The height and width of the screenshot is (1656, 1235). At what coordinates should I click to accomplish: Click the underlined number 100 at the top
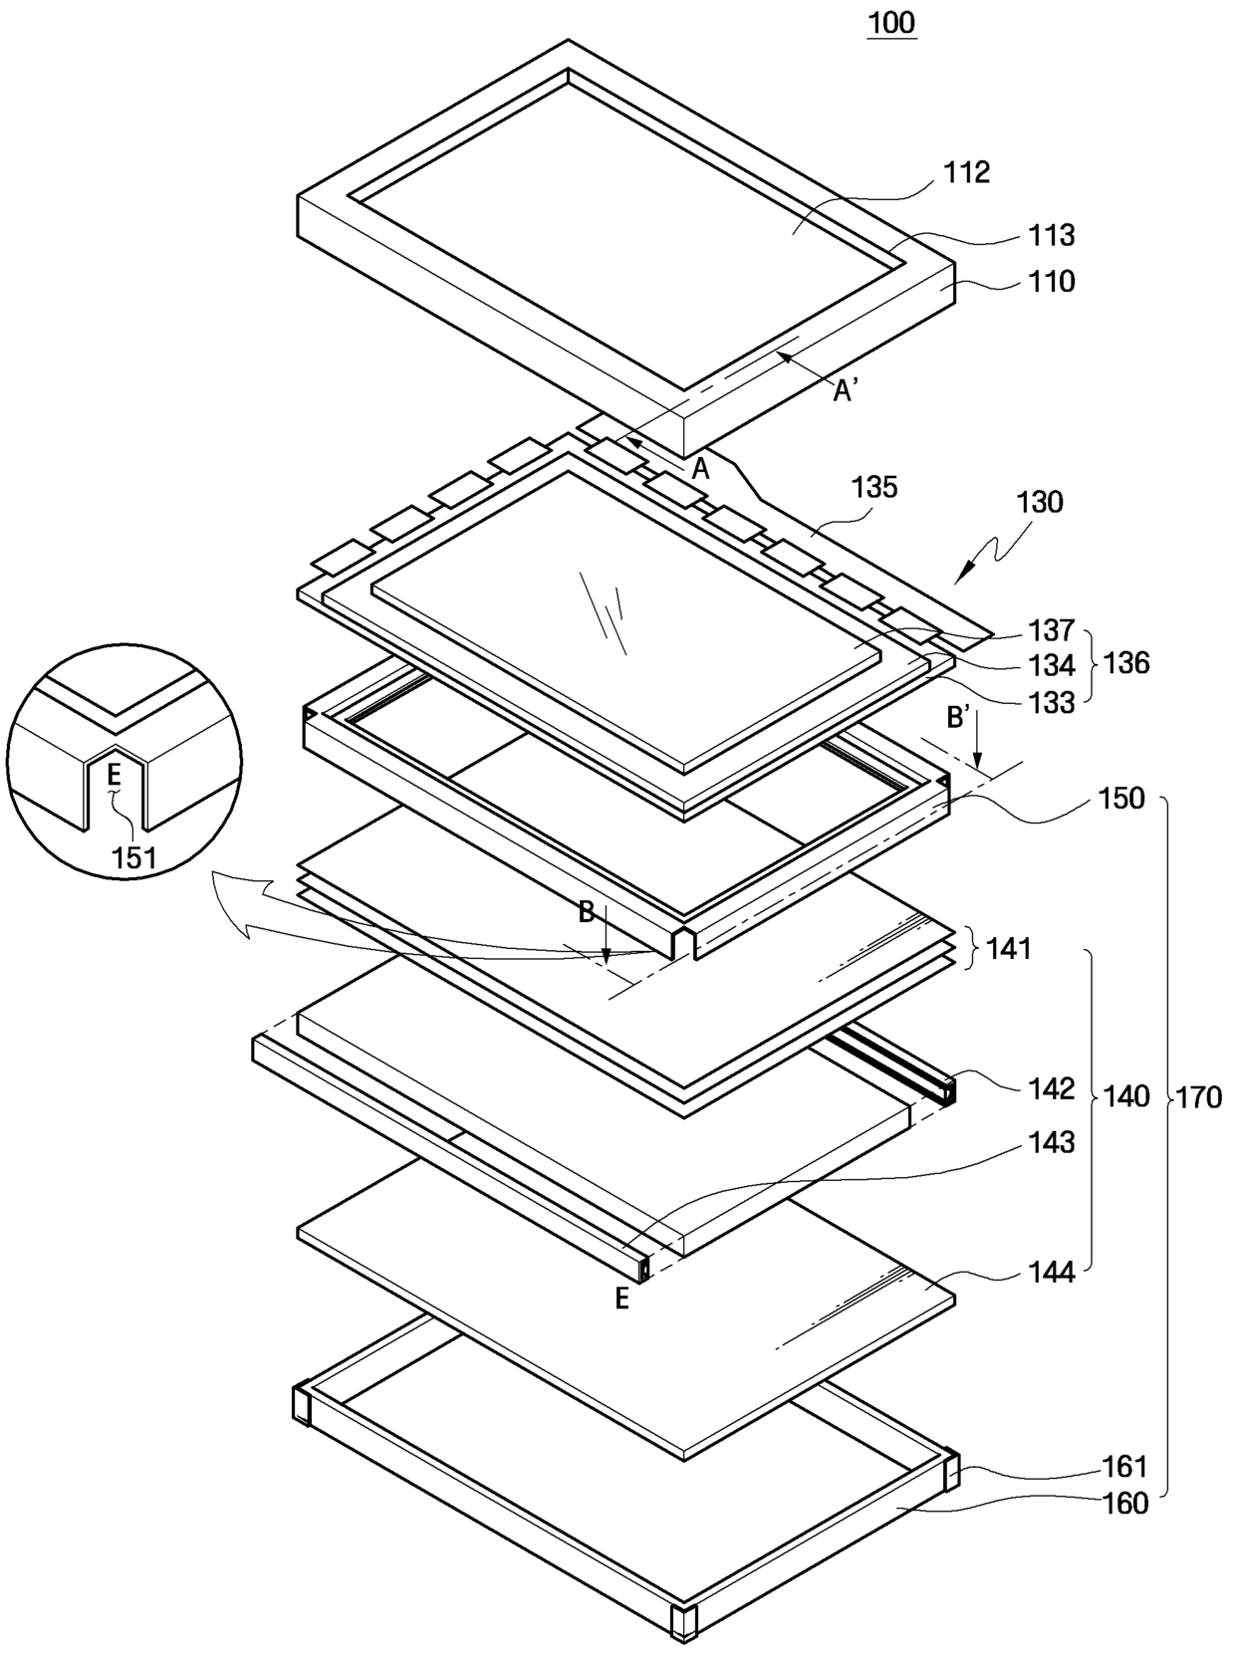pyautogui.click(x=890, y=22)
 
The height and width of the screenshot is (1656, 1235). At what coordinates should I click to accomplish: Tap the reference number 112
pyautogui.click(x=967, y=172)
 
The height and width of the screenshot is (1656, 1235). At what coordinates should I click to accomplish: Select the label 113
pyautogui.click(x=1052, y=235)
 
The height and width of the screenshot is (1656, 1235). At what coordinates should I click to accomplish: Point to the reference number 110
pyautogui.click(x=1052, y=282)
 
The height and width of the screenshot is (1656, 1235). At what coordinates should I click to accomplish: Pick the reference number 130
pyautogui.click(x=1039, y=502)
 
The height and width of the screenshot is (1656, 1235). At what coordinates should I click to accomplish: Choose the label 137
pyautogui.click(x=1052, y=630)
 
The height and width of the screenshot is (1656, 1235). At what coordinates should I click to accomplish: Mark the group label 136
pyautogui.click(x=1126, y=663)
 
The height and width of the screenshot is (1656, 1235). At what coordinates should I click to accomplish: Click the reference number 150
pyautogui.click(x=1121, y=799)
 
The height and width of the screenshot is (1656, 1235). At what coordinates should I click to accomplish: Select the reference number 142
pyautogui.click(x=1052, y=1088)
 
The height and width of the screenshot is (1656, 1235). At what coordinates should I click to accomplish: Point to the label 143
pyautogui.click(x=1052, y=1142)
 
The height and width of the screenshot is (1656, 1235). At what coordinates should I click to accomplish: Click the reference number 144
pyautogui.click(x=1052, y=1272)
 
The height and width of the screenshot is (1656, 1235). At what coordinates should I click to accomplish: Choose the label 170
pyautogui.click(x=1198, y=1097)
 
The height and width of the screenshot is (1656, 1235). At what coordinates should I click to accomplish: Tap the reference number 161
pyautogui.click(x=1124, y=1467)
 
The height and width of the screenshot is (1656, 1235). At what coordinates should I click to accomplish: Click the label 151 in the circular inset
pyautogui.click(x=133, y=857)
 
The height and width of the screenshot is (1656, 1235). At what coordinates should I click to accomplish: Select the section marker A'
pyautogui.click(x=847, y=391)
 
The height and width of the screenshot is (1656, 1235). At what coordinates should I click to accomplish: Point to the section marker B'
pyautogui.click(x=959, y=717)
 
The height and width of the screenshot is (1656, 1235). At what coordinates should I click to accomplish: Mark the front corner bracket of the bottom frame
pyautogui.click(x=684, y=1620)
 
